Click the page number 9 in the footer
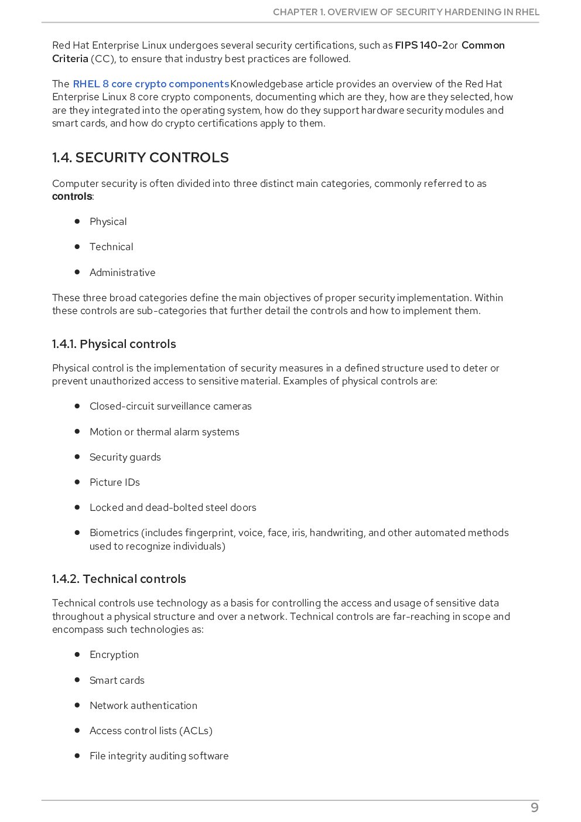(x=534, y=807)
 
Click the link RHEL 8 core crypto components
(x=151, y=84)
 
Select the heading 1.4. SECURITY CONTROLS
(x=140, y=158)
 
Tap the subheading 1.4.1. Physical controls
(x=114, y=344)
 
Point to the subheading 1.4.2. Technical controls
(x=119, y=579)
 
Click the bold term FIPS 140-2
(x=421, y=45)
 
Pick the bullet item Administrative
(x=122, y=272)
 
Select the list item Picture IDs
(x=114, y=482)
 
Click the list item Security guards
(x=125, y=457)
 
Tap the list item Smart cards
(x=117, y=680)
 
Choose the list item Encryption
(x=114, y=654)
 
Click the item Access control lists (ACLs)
(x=151, y=731)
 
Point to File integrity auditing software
(x=159, y=756)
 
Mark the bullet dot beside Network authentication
(x=77, y=705)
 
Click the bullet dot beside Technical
(x=77, y=247)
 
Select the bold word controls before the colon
(x=72, y=196)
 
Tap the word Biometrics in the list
(x=114, y=533)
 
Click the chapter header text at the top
(x=406, y=12)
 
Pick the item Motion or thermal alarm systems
(x=164, y=432)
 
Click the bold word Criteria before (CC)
(x=70, y=59)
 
